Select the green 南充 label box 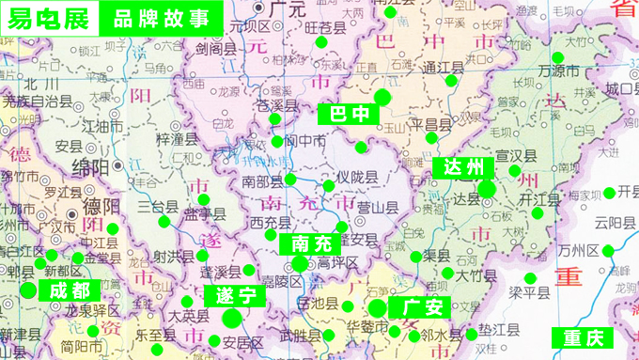(312, 243)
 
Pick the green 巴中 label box (347, 114)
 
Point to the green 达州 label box (463, 168)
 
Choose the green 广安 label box (420, 308)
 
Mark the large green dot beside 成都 (28, 290)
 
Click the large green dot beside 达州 (487, 189)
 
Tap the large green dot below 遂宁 (232, 320)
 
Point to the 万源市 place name (558, 70)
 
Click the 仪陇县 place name (357, 178)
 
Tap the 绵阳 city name (90, 167)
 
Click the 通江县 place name (444, 68)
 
